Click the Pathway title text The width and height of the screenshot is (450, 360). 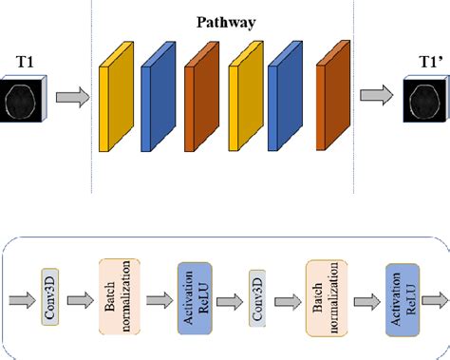pos(225,19)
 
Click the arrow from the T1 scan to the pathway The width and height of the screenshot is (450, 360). pos(71,96)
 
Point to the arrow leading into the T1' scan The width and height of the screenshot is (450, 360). pos(374,95)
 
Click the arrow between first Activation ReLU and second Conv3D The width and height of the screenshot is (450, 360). pos(226,300)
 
